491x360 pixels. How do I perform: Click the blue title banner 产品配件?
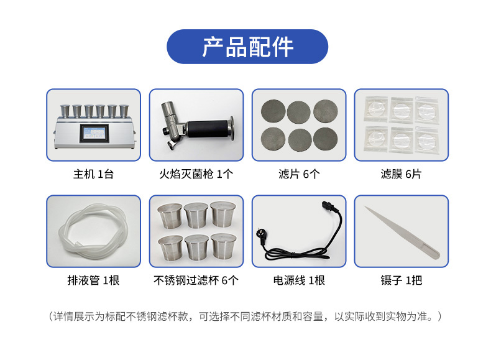(247, 47)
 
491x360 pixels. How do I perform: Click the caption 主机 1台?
(93, 174)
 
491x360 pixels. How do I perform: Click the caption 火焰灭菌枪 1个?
(196, 174)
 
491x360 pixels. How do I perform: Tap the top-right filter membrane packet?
(428, 109)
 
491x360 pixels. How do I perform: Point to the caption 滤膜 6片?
(401, 174)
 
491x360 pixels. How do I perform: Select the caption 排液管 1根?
(93, 280)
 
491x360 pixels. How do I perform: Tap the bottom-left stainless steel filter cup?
(170, 247)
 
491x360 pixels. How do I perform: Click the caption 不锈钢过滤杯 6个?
(196, 280)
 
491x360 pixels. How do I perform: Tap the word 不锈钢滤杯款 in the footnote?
(163, 316)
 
